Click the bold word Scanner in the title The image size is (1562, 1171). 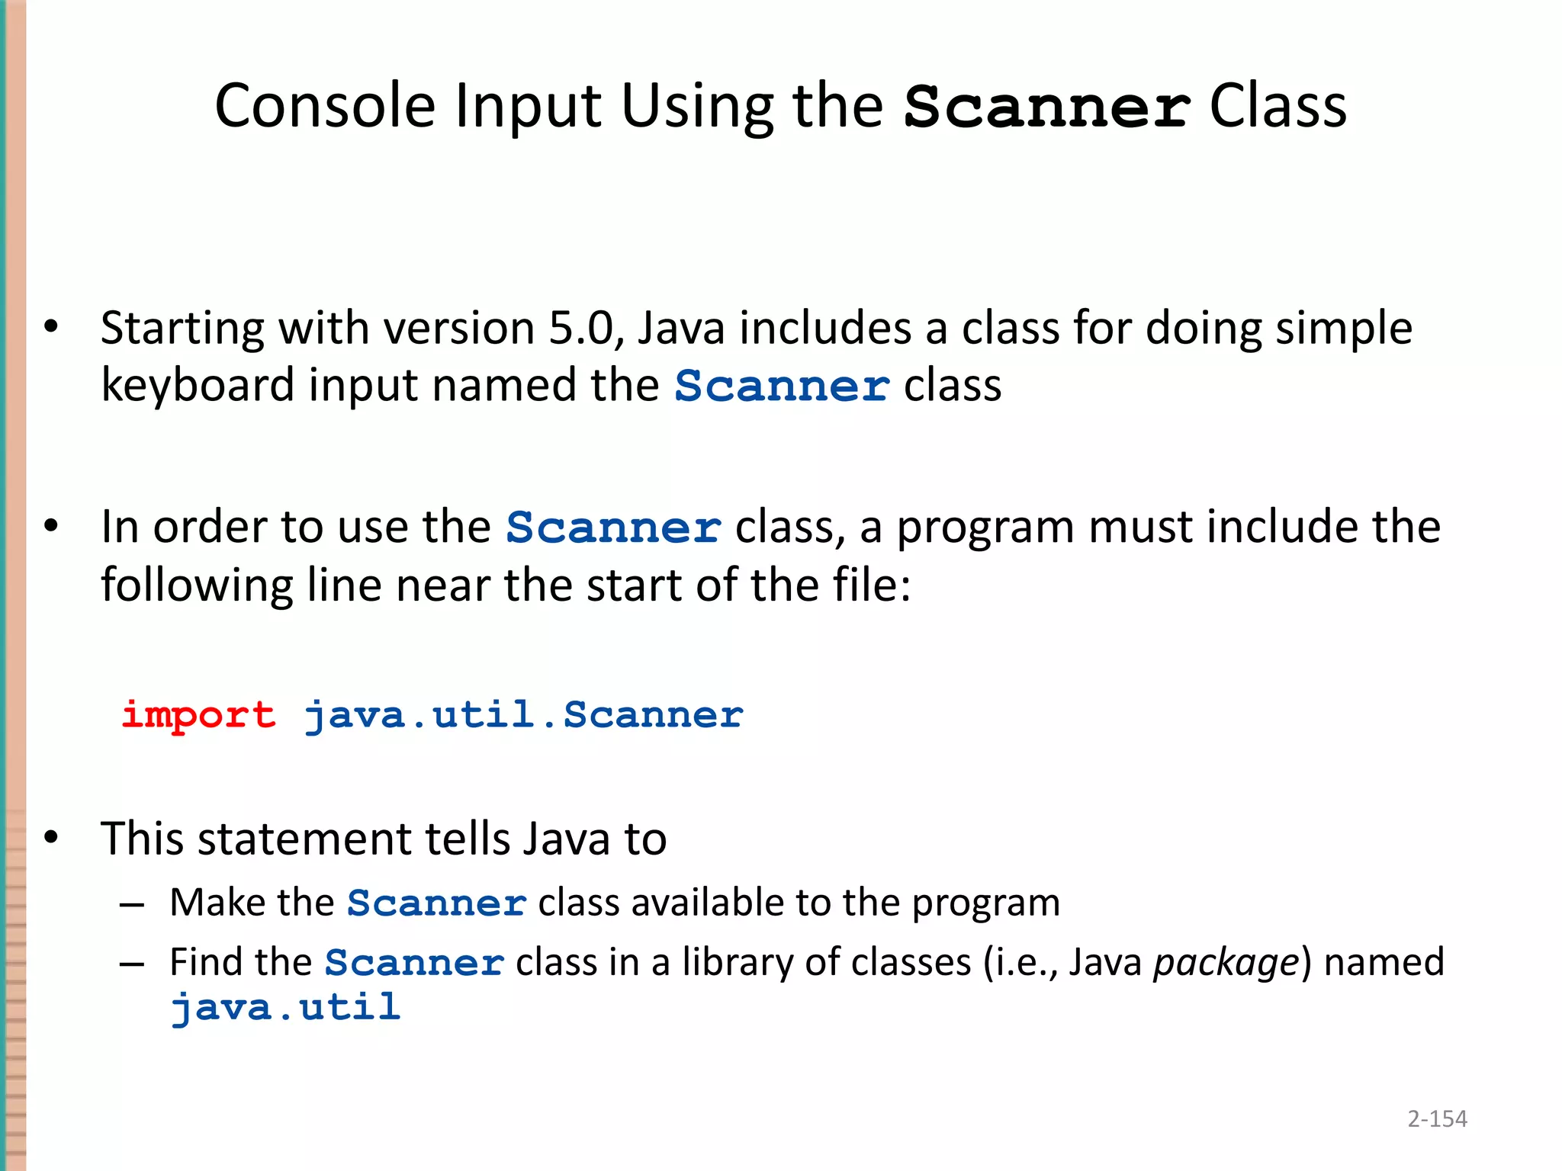point(1046,107)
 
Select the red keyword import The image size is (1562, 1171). point(198,716)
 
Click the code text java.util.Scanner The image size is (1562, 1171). point(523,716)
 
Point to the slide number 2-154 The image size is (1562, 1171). point(1437,1118)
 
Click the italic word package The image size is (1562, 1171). point(1226,963)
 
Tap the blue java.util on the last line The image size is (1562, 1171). point(285,1008)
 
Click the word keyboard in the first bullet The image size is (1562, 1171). point(198,386)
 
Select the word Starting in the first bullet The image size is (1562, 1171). point(182,329)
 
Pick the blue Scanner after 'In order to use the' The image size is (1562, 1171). point(613,528)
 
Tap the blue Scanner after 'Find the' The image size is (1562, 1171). point(414,963)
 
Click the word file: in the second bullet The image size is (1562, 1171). point(872,585)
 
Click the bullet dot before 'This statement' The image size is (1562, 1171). point(51,838)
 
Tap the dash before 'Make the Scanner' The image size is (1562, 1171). point(132,905)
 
